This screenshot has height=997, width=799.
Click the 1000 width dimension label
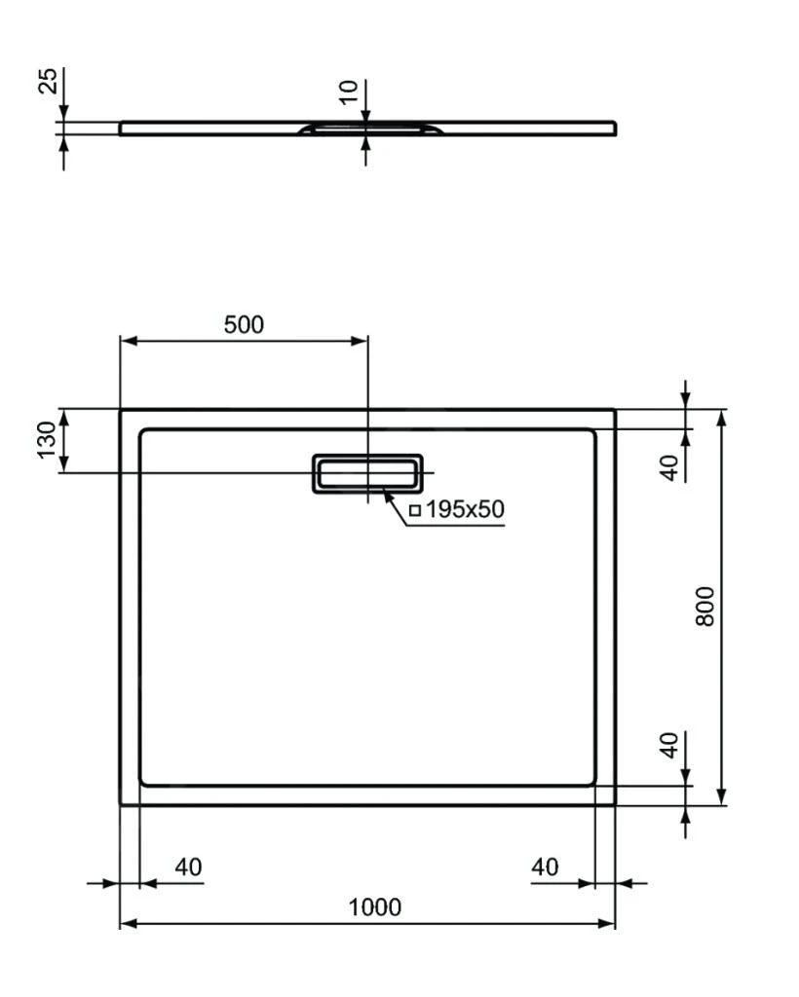click(374, 907)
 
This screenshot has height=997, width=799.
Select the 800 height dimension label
click(705, 606)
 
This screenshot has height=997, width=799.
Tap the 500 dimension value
click(244, 325)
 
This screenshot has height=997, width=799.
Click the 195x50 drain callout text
click(465, 508)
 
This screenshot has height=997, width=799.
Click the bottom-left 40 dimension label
click(188, 866)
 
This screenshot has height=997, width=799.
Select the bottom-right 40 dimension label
click(546, 866)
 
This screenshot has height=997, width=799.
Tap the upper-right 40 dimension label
click(668, 466)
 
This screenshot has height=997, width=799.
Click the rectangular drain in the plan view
click(367, 472)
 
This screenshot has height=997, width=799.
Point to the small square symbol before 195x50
click(414, 509)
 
